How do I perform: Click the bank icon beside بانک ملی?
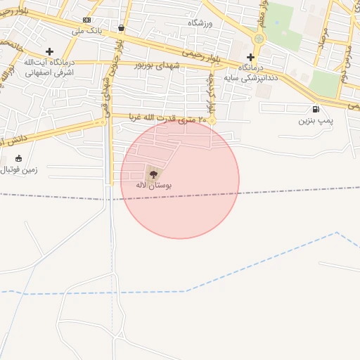[86, 20]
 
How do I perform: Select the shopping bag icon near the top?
[122, 28]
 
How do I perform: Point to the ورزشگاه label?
[200, 23]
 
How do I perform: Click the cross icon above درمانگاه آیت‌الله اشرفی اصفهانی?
[49, 51]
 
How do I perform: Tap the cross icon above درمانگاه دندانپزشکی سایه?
[251, 56]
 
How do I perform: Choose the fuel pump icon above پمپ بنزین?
[314, 109]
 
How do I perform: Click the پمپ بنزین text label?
[314, 120]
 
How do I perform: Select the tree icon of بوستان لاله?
[153, 173]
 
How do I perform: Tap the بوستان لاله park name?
[154, 185]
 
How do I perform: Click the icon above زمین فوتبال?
[18, 158]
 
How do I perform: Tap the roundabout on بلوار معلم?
[259, 38]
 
